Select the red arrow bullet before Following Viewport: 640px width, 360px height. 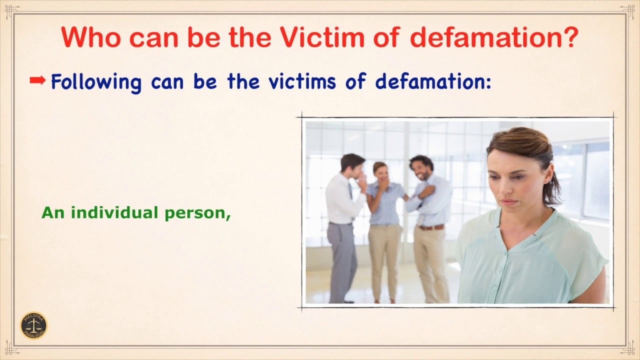point(37,80)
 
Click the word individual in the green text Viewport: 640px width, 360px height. point(111,213)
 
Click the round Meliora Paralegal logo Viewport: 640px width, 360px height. point(33,326)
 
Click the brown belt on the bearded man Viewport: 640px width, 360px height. point(431,227)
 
